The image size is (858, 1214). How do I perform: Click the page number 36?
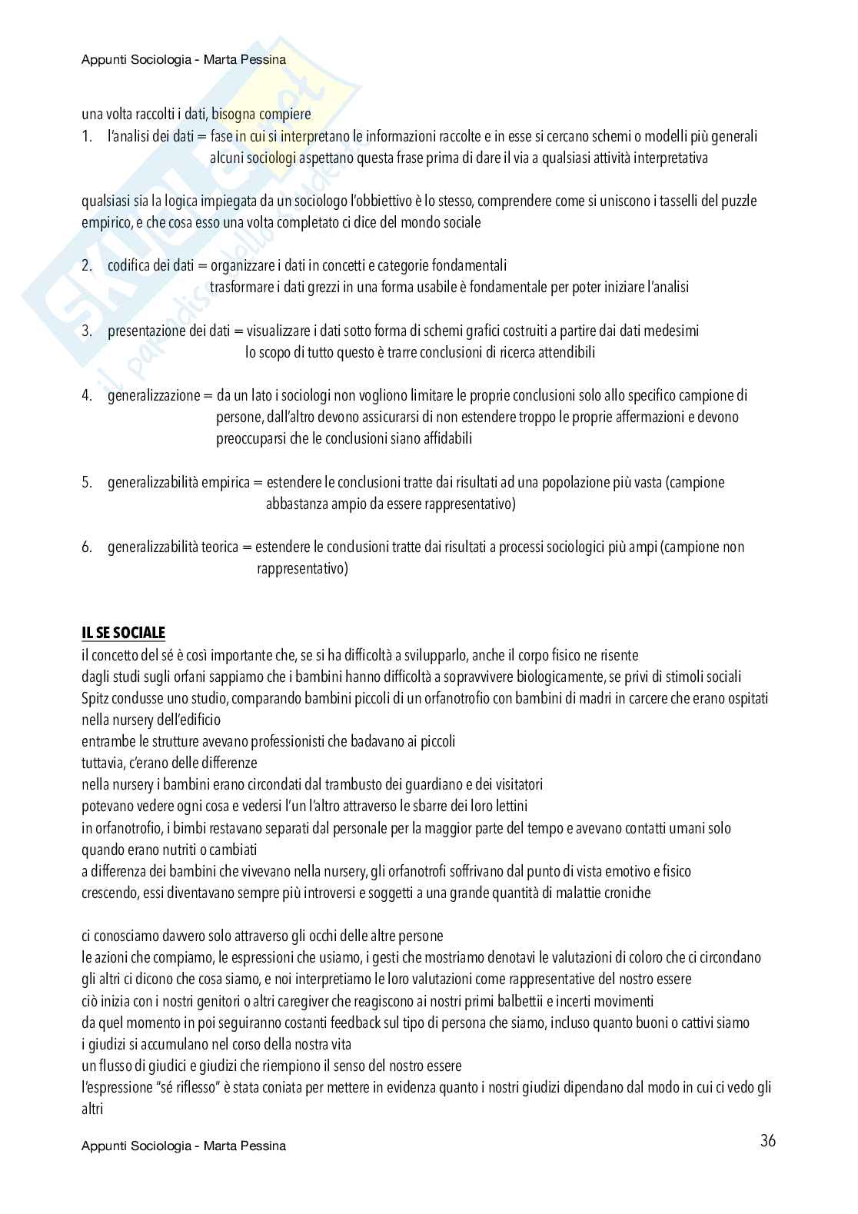point(767,1141)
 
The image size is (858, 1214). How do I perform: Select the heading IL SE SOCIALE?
point(123,633)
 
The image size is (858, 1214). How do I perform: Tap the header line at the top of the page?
point(184,59)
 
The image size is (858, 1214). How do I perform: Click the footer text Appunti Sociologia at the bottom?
point(184,1146)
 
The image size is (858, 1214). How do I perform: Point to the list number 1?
point(86,137)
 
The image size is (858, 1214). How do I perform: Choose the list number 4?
point(86,396)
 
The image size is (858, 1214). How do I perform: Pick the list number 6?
point(86,547)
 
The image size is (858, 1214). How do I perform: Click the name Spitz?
point(95,698)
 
